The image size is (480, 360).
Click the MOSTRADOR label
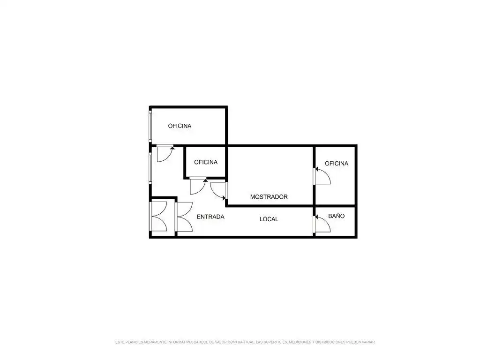269,197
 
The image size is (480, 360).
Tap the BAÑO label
337,216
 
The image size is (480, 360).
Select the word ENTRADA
210,217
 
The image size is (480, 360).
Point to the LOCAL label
269,219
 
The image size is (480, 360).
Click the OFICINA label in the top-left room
180,126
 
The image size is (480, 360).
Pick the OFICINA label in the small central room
206,162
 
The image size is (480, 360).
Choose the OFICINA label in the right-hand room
337,164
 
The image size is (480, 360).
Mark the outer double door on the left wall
158,217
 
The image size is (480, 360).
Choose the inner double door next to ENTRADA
184,217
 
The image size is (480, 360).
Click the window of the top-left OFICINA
150,126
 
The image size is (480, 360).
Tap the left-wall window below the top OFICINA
150,168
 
